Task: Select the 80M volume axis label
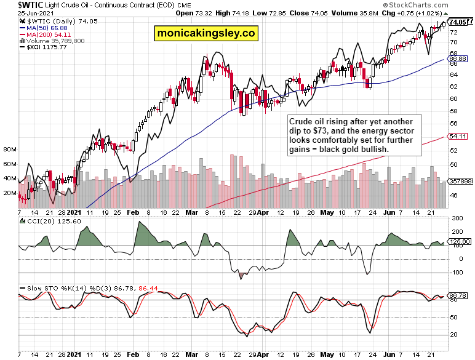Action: [x=9, y=150]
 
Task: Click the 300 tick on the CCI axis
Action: [x=457, y=218]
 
